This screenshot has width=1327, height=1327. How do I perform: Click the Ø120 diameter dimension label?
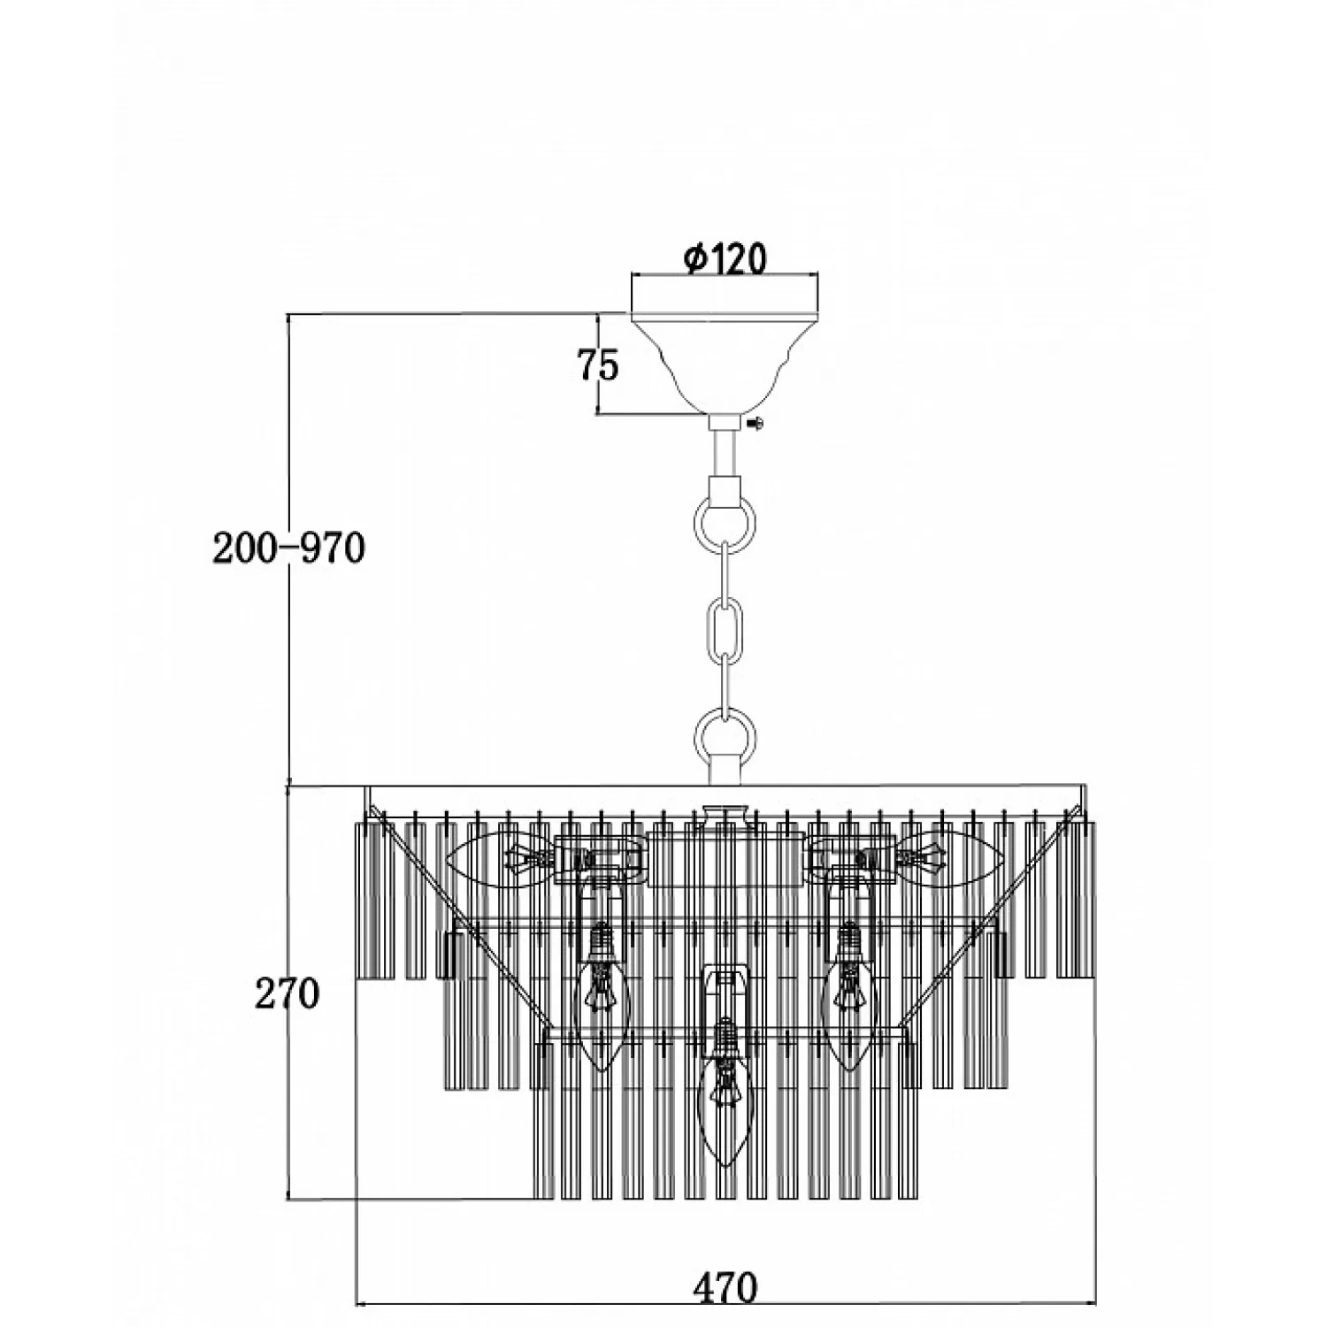725,258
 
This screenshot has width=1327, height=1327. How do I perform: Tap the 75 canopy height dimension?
598,364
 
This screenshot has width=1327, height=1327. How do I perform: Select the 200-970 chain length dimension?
288,548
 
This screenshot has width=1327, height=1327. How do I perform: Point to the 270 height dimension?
287,994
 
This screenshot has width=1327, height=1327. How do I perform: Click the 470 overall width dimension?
725,1287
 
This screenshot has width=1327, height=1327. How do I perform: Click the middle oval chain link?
725,625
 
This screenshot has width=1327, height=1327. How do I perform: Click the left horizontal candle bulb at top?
495,857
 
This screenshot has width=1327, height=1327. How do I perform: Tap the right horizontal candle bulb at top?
955,857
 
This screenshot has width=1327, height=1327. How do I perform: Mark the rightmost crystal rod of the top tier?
1082,898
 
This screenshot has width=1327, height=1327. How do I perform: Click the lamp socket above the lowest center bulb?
725,991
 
